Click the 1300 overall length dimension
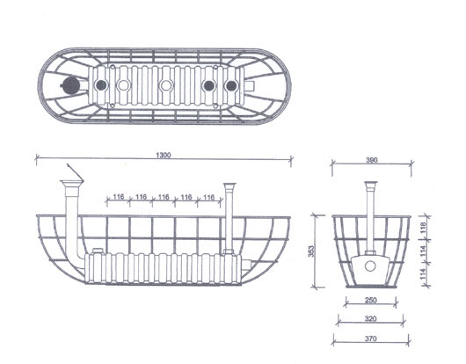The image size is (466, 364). tap(164, 155)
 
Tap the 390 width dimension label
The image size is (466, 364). tap(372, 160)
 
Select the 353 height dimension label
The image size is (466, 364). tap(311, 251)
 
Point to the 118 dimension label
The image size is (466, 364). tap(423, 228)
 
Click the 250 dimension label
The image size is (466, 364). tap(370, 300)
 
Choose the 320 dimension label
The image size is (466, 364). tap(370, 319)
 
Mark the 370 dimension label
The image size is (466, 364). tap(370, 339)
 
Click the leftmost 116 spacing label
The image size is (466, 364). tap(119, 197)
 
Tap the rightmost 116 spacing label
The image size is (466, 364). tap(209, 197)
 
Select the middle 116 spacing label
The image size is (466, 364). tap(164, 197)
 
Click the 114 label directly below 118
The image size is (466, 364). tap(423, 251)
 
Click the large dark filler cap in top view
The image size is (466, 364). tap(70, 86)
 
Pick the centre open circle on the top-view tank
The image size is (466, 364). tap(166, 85)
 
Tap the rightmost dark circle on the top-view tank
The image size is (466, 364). tap(231, 86)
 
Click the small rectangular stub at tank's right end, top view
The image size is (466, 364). tap(250, 86)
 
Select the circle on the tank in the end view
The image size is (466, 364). tap(370, 266)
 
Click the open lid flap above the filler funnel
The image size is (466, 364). tap(75, 171)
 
